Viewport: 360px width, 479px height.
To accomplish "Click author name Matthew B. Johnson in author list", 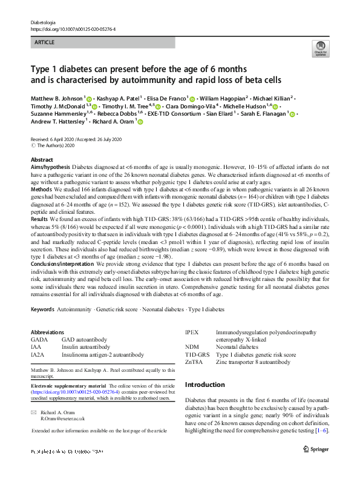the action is [x=56, y=98].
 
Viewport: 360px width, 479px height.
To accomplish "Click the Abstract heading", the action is [x=42, y=159].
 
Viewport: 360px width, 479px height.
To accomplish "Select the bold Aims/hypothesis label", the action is [x=51, y=166].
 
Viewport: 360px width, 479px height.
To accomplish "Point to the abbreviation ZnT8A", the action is [x=194, y=362].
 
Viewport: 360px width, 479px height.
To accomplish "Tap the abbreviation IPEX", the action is [x=192, y=332].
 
